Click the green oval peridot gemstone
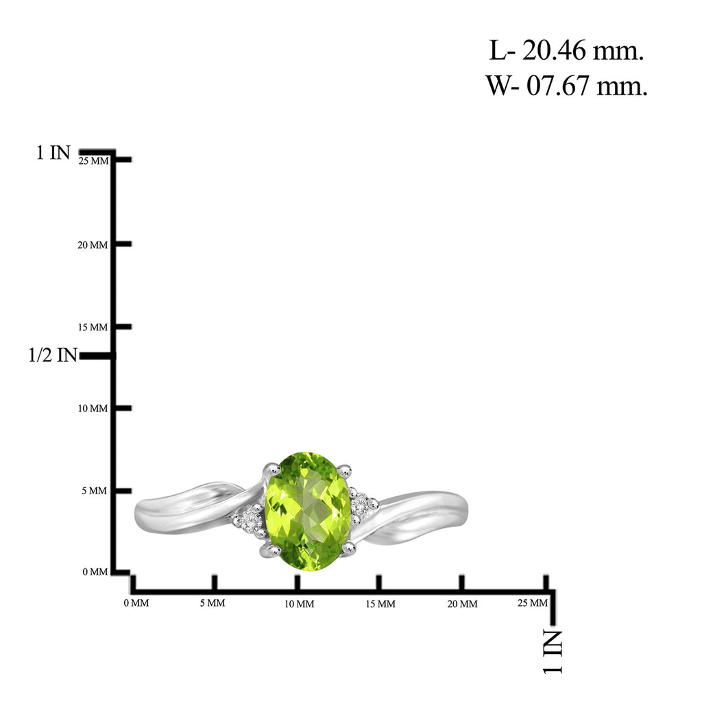point(308,511)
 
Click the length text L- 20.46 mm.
point(566,50)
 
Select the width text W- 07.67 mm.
point(566,85)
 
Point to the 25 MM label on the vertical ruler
point(93,160)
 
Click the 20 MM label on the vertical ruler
point(93,245)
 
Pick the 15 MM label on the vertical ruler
point(93,327)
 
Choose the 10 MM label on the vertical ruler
point(93,409)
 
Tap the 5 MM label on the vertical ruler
point(95,491)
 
